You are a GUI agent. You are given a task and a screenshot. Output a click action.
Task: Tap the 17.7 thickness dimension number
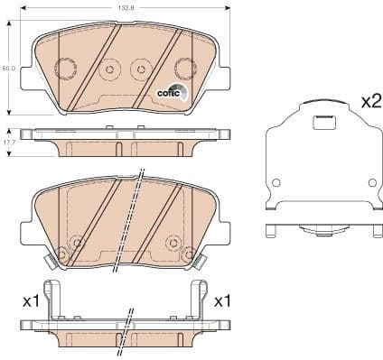(8, 142)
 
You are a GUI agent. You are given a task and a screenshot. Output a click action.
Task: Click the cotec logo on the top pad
(171, 91)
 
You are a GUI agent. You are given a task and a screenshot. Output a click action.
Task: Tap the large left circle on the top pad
(65, 67)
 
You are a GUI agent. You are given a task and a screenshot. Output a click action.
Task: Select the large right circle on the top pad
(184, 67)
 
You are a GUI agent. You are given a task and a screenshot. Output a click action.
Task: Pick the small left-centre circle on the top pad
(109, 69)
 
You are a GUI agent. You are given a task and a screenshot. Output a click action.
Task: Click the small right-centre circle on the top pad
(140, 69)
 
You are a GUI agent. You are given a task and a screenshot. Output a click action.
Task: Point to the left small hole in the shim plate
(276, 182)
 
